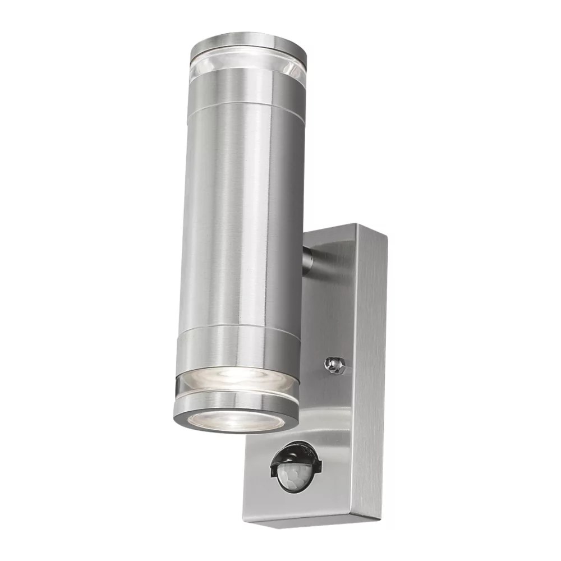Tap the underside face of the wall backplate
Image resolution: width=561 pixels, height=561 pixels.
pyautogui.click(x=311, y=519)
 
